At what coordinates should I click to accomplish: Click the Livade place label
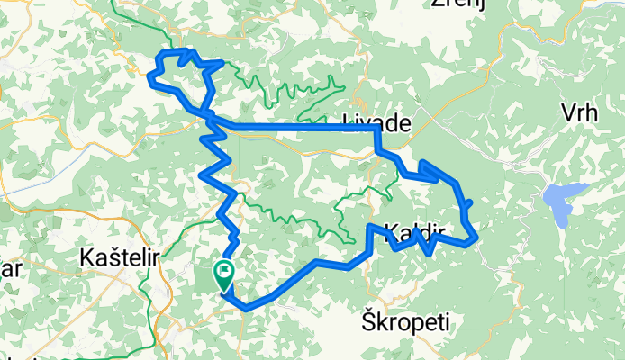point(377,124)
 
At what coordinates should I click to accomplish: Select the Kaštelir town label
point(120,257)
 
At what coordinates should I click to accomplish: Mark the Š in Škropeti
point(367,320)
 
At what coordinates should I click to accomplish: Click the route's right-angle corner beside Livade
point(376,129)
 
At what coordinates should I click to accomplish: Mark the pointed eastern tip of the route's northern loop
point(222,63)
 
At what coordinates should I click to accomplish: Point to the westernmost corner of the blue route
point(149,76)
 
